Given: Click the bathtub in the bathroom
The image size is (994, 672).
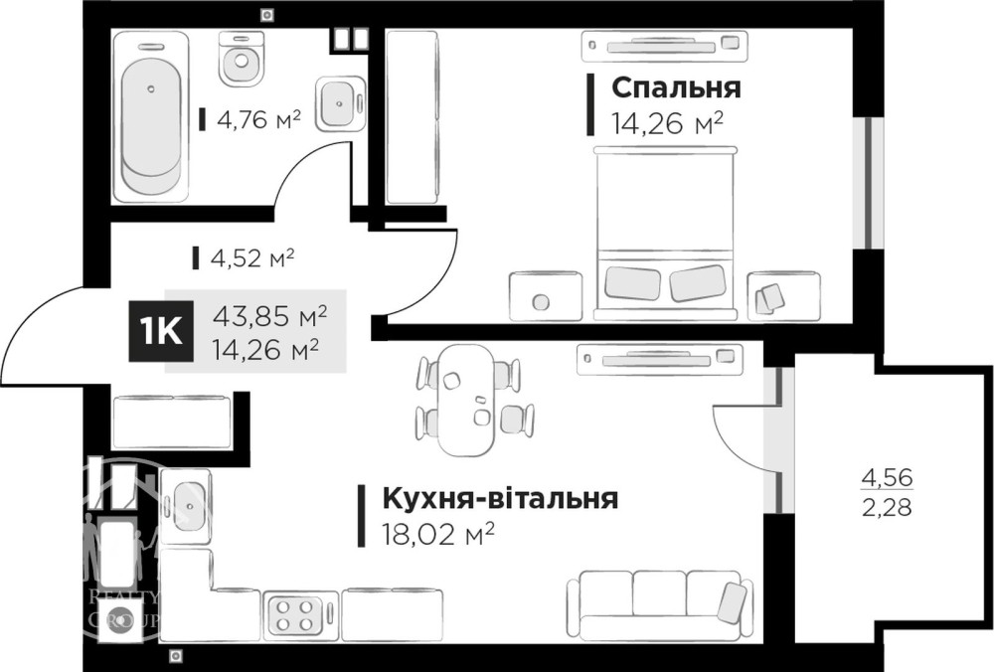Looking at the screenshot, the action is point(151,117).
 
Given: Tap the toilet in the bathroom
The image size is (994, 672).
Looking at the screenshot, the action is point(241,59).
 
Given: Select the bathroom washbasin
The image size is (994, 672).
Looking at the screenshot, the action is point(340,104).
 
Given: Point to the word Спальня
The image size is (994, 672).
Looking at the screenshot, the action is point(676,87).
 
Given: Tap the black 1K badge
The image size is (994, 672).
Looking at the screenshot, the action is point(161,332).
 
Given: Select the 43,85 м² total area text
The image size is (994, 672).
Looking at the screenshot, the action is point(270,314).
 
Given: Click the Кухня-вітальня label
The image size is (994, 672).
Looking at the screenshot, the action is point(500,499).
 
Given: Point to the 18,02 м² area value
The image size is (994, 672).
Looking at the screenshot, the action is point(437,535).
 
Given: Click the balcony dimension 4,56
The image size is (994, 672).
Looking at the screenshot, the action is point(887,477).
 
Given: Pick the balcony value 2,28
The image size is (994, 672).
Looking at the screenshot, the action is point(887,507).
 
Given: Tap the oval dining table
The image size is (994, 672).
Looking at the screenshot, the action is point(466,400).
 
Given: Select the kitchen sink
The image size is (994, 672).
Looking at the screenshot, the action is point(187,507).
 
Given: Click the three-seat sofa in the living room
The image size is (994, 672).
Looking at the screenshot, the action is point(659,604).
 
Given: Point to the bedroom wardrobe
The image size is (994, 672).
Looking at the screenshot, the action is point(414,118).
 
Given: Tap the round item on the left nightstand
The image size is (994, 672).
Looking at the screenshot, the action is point(541,302).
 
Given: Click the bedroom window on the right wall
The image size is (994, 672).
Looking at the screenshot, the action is point(868,183).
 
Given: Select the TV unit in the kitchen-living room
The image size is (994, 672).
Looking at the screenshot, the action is point(659,360).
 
